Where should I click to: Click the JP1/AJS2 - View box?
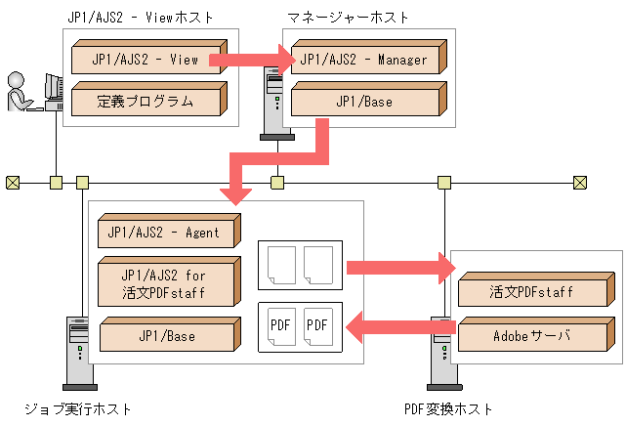[x=146, y=60]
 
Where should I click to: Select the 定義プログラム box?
[x=146, y=101]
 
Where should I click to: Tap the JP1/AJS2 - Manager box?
[x=363, y=60]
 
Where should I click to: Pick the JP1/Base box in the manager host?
[x=363, y=101]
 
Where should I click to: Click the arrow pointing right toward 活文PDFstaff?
[x=396, y=268]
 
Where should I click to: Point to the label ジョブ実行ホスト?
[x=78, y=408]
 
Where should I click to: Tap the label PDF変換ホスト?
[x=448, y=408]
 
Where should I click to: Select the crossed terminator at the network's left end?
[x=13, y=182]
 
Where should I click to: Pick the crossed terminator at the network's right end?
[x=580, y=182]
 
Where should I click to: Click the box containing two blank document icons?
[x=300, y=266]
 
